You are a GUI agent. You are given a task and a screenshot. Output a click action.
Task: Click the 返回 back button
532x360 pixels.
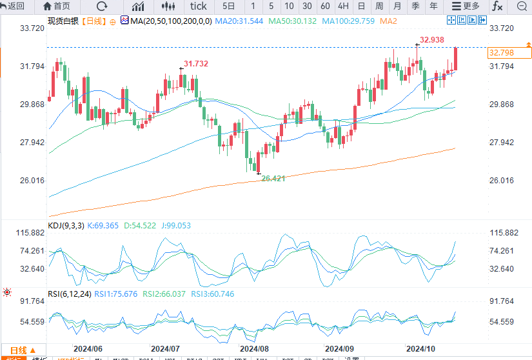point(13,6)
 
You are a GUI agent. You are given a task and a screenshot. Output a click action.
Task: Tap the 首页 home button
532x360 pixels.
point(57,6)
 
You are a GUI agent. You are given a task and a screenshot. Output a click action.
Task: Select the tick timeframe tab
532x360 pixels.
point(198,6)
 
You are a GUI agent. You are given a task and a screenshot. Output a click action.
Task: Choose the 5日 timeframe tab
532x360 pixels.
point(229,6)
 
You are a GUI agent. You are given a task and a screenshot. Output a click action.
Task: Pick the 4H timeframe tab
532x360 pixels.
point(343,6)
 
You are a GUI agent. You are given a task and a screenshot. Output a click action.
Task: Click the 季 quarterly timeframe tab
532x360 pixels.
point(416,6)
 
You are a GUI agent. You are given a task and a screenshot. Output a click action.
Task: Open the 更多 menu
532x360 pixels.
point(466,6)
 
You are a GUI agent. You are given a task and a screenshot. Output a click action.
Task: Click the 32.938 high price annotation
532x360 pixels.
point(431,40)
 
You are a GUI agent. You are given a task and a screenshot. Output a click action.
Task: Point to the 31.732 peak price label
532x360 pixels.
point(196,63)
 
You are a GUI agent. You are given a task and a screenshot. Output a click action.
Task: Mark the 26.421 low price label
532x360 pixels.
point(273,178)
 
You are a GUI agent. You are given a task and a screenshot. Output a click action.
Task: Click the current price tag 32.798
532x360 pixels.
point(502,52)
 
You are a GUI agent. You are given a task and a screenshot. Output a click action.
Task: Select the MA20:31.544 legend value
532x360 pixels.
point(239,21)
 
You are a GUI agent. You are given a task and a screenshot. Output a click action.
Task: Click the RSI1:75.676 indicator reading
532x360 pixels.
point(116,294)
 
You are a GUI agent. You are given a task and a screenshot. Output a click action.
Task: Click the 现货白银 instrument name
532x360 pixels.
point(62,21)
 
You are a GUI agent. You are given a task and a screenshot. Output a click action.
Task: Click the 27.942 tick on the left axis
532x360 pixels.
point(33,143)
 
